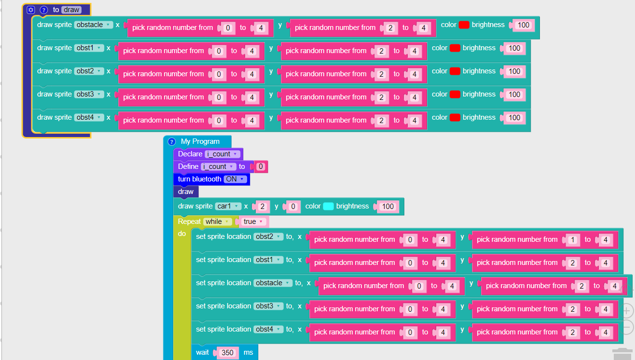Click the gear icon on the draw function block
(30, 10)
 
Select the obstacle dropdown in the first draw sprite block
(93, 25)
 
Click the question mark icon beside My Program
(171, 141)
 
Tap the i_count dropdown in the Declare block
(222, 154)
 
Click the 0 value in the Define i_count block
(261, 166)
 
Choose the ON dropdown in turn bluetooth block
(235, 179)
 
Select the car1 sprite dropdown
(228, 206)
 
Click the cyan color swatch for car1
(328, 206)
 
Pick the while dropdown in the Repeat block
(217, 222)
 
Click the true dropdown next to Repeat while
(253, 222)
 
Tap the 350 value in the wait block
(227, 352)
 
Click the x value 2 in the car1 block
(262, 207)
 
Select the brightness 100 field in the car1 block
(388, 207)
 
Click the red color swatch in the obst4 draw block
(455, 117)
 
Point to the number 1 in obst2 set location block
(572, 240)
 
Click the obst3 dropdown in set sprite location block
(268, 306)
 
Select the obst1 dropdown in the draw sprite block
(89, 48)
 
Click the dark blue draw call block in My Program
(186, 192)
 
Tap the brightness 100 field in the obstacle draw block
(524, 25)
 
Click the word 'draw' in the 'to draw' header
(71, 10)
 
